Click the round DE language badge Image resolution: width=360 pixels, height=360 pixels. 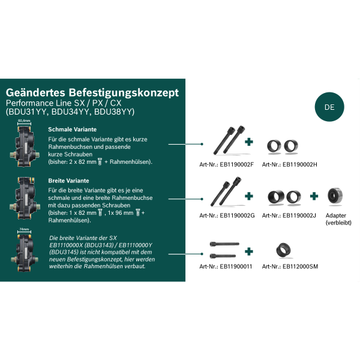(x=329, y=107)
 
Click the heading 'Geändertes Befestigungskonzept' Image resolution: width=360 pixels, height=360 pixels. (x=92, y=92)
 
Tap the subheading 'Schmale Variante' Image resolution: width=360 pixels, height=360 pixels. (x=72, y=130)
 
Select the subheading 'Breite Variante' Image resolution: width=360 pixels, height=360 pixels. (x=68, y=181)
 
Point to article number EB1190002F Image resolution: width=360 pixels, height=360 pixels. (x=226, y=164)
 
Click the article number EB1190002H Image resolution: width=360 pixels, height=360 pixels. (x=289, y=164)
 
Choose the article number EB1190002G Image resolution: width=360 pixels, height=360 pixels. (x=227, y=215)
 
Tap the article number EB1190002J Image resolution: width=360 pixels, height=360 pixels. (x=289, y=215)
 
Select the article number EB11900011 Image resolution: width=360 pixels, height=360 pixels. (x=226, y=266)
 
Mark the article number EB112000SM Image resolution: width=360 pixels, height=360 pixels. (x=290, y=266)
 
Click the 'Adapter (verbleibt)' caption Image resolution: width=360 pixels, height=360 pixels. (x=338, y=219)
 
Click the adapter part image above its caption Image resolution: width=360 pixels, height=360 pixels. (x=335, y=196)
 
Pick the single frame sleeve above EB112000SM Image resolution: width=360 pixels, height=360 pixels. (x=283, y=250)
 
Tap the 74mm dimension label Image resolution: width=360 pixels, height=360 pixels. (x=24, y=229)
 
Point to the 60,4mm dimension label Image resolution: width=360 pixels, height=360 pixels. (x=24, y=121)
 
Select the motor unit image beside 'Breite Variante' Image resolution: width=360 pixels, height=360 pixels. (x=25, y=198)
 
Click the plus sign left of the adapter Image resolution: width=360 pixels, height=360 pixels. (x=314, y=196)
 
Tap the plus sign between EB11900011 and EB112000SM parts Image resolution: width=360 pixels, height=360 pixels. (x=248, y=251)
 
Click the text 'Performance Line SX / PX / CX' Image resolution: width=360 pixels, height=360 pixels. (x=64, y=103)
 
